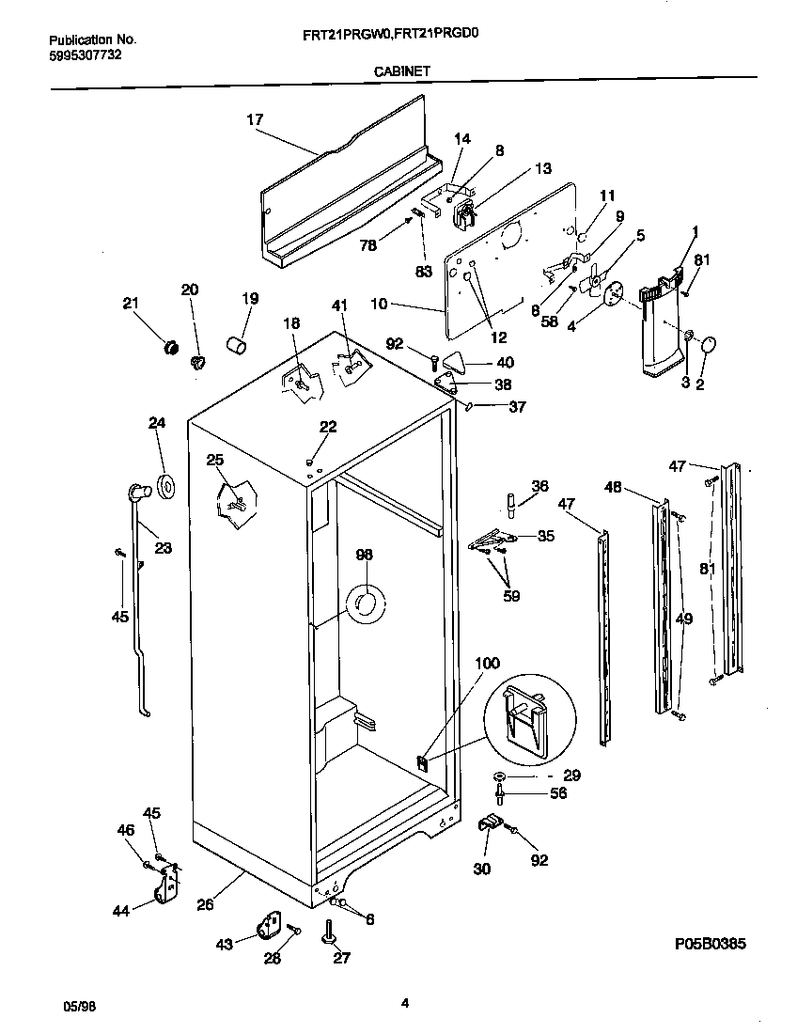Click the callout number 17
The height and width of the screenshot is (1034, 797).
[255, 119]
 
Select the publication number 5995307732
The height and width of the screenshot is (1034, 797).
[84, 55]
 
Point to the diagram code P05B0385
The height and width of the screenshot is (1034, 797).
[710, 944]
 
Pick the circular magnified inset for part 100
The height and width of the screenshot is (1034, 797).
[528, 716]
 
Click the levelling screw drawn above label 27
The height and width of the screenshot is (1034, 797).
[332, 932]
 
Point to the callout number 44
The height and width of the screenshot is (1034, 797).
[120, 911]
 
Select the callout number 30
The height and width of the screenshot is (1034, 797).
[481, 869]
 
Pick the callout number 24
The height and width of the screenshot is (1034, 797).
[156, 423]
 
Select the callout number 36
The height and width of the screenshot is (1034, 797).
[539, 486]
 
